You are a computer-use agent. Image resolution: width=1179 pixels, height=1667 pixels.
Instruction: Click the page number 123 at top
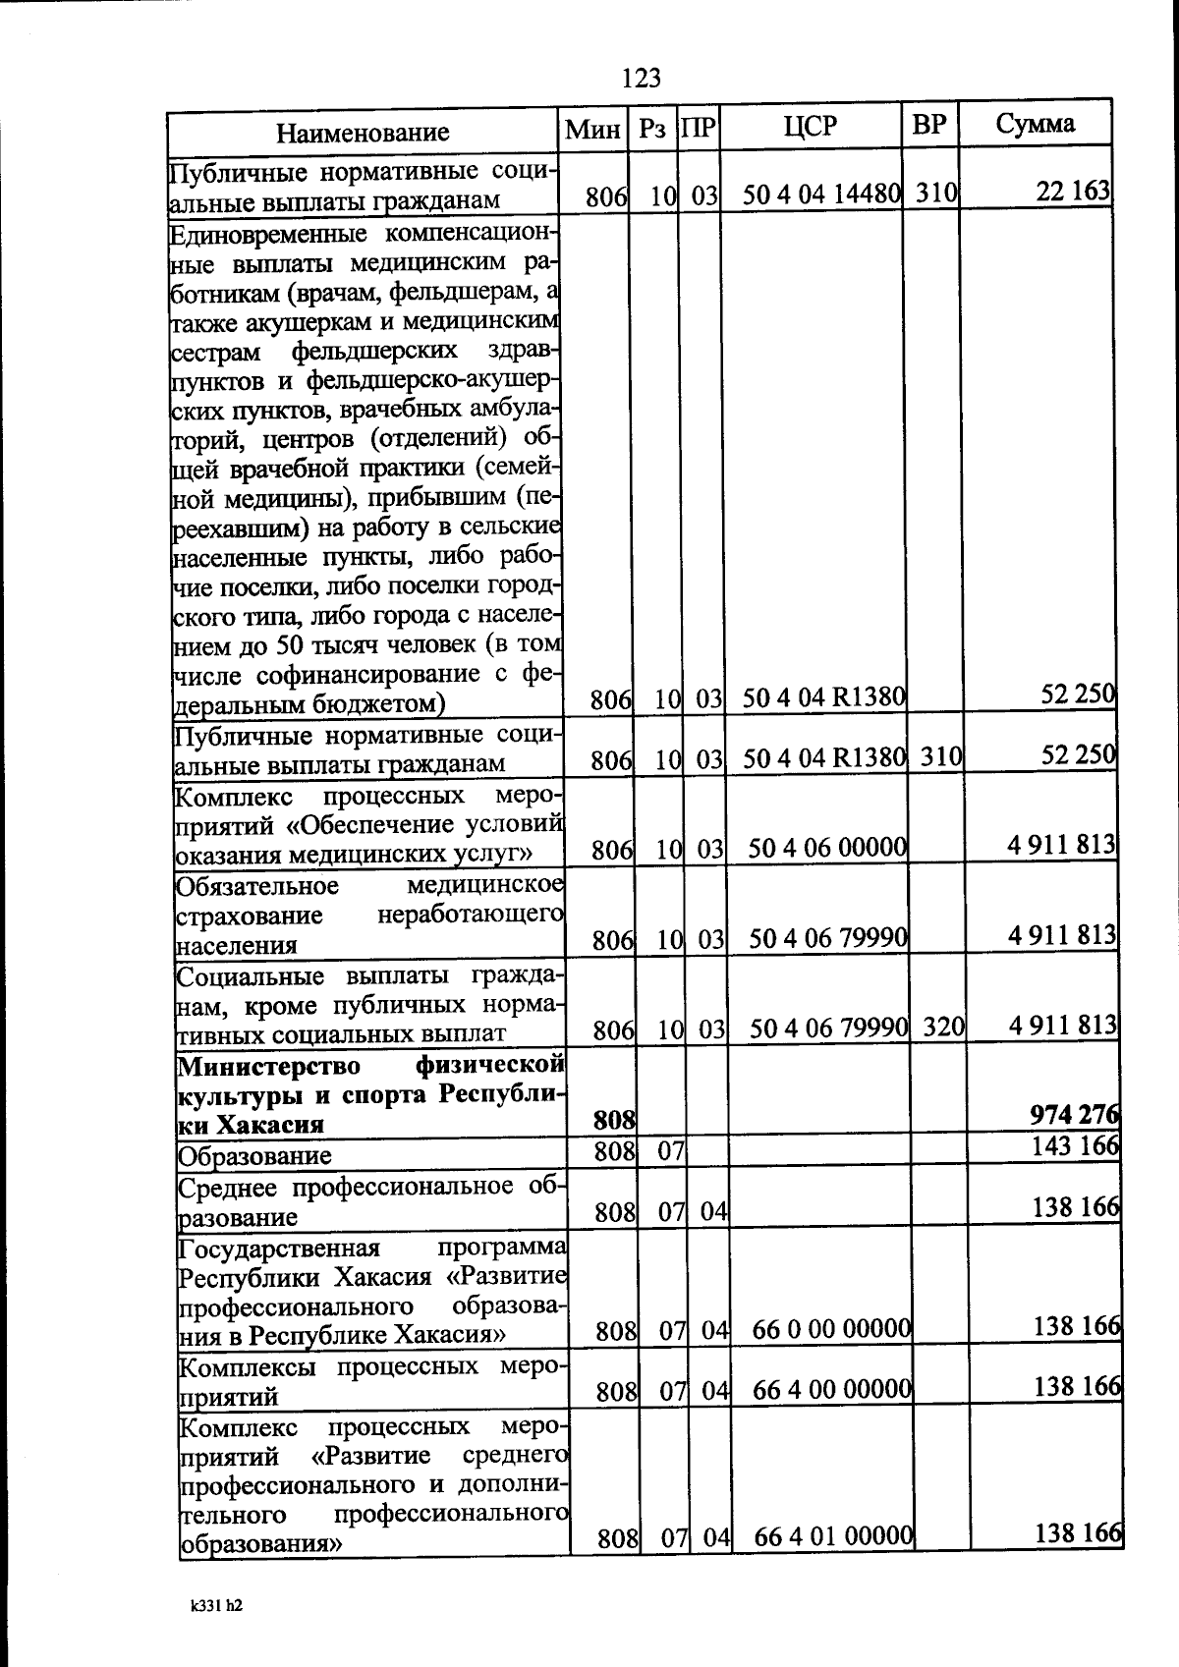pyautogui.click(x=641, y=78)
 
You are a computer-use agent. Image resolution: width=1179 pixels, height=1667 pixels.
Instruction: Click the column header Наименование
pyautogui.click(x=363, y=132)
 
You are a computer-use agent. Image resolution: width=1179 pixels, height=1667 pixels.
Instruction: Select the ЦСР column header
pyautogui.click(x=811, y=126)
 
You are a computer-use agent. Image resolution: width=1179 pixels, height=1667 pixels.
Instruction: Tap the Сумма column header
pyautogui.click(x=1035, y=124)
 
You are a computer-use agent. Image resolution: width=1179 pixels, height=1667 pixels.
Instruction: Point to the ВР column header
pyautogui.click(x=929, y=125)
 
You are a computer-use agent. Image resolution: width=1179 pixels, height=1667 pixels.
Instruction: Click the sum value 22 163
pyautogui.click(x=1073, y=192)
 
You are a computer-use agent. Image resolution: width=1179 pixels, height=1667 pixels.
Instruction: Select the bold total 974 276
pyautogui.click(x=1075, y=1115)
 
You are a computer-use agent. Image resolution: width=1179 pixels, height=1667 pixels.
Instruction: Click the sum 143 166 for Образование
pyautogui.click(x=1076, y=1145)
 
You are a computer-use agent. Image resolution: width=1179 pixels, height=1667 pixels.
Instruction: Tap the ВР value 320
pyautogui.click(x=941, y=1028)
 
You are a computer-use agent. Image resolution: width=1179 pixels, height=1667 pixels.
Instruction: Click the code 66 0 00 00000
pyautogui.click(x=832, y=1330)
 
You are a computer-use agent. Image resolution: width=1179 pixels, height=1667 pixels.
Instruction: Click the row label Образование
pyautogui.click(x=254, y=1155)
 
